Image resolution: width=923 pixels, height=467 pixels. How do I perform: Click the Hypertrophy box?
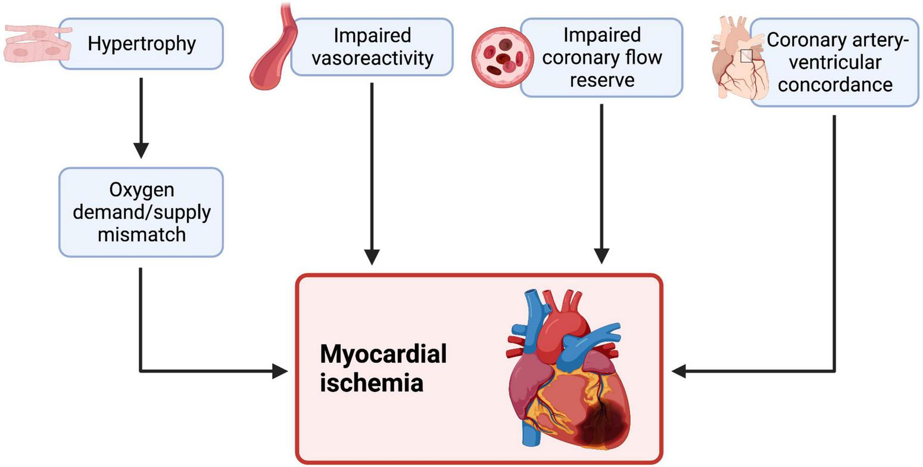pyautogui.click(x=141, y=43)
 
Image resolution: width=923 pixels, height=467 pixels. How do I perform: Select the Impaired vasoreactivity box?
pyautogui.click(x=372, y=46)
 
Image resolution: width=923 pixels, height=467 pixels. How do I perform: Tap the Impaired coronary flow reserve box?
pyautogui.click(x=601, y=57)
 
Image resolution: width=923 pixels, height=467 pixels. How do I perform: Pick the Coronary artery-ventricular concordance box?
pyautogui.click(x=834, y=62)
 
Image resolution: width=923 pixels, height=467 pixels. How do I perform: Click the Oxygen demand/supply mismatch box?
pyautogui.click(x=141, y=212)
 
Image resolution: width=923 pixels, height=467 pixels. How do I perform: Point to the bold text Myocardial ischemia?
pyautogui.click(x=383, y=368)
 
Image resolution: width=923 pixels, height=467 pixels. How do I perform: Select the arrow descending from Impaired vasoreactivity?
pyautogui.click(x=372, y=173)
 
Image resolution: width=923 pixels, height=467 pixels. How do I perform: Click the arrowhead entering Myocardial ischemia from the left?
pyautogui.click(x=281, y=371)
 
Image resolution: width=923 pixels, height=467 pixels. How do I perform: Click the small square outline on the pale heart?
pyautogui.click(x=746, y=56)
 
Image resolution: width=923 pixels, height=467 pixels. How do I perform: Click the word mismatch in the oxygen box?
pyautogui.click(x=141, y=234)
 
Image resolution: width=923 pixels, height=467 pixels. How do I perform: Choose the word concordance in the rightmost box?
pyautogui.click(x=834, y=85)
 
